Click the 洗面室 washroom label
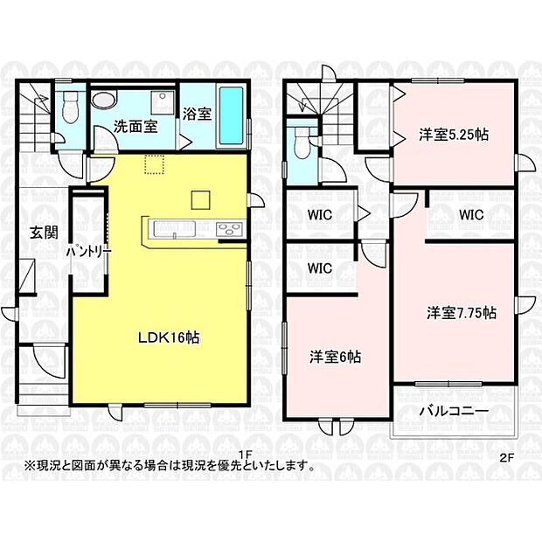click(136, 127)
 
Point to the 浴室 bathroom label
click(197, 115)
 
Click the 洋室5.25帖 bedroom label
click(452, 135)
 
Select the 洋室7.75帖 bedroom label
click(462, 312)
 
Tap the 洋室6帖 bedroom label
click(337, 357)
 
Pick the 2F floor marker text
click(507, 456)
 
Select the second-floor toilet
click(302, 142)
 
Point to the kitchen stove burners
click(229, 230)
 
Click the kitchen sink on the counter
click(177, 230)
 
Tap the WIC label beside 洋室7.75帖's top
click(471, 214)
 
